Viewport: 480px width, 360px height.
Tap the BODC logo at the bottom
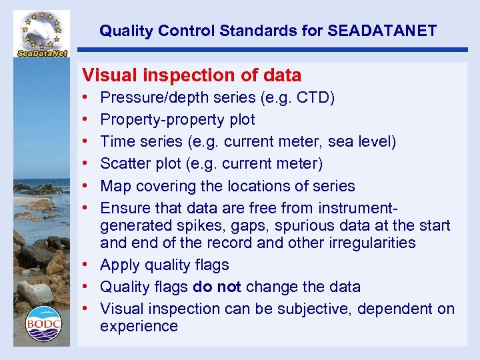[43, 323]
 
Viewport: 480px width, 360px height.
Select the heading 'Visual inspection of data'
[191, 75]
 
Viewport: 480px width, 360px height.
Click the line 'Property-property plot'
[177, 120]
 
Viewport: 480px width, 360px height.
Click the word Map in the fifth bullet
[114, 186]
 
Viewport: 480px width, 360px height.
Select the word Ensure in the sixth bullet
[123, 208]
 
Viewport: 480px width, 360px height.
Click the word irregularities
[372, 243]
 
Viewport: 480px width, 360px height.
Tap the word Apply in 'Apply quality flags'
[118, 265]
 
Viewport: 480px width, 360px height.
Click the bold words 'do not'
[217, 287]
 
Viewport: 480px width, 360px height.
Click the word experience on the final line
[139, 326]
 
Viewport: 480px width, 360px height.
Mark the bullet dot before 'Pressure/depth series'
[86, 99]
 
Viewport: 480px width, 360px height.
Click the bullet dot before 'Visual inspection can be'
[86, 309]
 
